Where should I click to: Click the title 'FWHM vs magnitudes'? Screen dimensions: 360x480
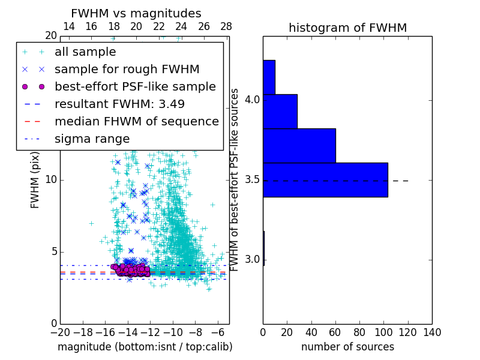point(136,14)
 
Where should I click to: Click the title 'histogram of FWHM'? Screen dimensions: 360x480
point(347,28)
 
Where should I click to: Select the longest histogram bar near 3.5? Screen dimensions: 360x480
point(325,179)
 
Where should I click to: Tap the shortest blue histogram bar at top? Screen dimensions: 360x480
point(269,77)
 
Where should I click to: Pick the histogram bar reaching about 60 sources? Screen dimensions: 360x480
point(299,145)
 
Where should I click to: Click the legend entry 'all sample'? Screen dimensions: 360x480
point(85,52)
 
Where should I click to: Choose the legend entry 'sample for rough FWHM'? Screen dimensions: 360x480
point(127,69)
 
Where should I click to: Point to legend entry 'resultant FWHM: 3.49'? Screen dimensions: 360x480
point(119,104)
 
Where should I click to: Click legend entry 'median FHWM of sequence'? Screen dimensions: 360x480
point(136,121)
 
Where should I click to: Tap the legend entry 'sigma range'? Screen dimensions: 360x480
point(92,139)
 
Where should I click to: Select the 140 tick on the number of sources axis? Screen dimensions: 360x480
point(432,332)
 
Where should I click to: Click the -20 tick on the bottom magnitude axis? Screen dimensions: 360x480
point(60,332)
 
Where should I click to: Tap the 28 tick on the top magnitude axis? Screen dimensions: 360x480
point(226,26)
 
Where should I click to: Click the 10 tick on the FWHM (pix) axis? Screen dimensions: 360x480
point(51,179)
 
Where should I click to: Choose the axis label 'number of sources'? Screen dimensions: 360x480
point(347,347)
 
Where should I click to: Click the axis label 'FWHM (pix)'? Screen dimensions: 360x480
point(35,179)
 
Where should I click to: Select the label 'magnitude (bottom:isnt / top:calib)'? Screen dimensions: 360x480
point(145,347)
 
